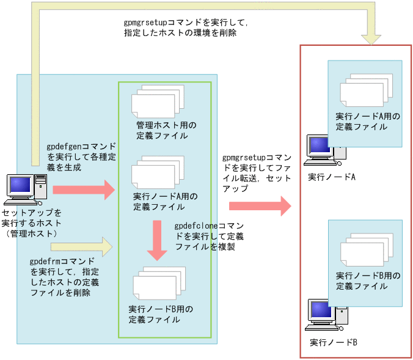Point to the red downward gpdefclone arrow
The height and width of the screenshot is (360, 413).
coord(158,241)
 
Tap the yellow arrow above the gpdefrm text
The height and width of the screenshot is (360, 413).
coord(82,248)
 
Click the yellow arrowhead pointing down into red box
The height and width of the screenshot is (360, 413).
coord(370,37)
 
